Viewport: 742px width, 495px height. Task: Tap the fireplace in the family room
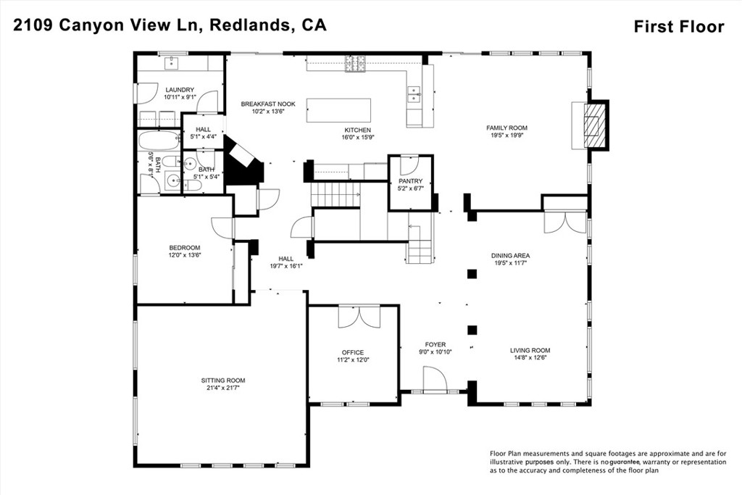(593, 125)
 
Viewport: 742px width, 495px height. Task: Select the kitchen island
(338, 110)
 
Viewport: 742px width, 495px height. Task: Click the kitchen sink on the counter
(414, 93)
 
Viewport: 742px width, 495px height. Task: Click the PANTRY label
(410, 181)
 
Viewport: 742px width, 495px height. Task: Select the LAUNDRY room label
(180, 90)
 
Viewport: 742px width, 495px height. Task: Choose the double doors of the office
(359, 316)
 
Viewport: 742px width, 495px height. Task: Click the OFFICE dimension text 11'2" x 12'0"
(353, 360)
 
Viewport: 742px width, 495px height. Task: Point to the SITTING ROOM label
(223, 380)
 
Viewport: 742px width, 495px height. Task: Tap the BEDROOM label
(185, 248)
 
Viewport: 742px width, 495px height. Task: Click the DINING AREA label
(511, 256)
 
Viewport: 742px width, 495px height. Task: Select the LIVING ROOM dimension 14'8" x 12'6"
(530, 357)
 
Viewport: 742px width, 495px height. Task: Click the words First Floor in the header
(679, 27)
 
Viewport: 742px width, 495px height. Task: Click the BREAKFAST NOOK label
(268, 104)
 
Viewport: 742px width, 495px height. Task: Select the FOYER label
(435, 344)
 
